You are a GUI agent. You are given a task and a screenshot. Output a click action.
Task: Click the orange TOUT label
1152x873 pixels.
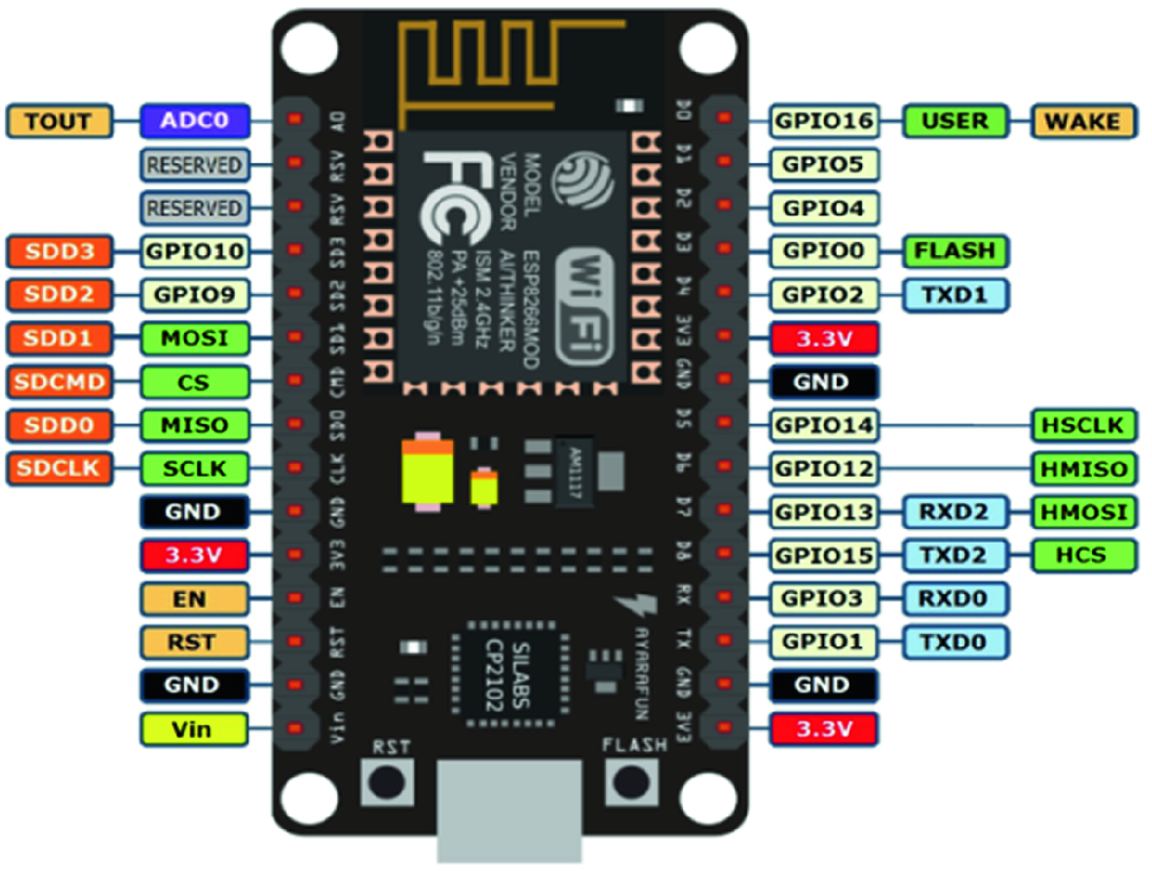click(59, 122)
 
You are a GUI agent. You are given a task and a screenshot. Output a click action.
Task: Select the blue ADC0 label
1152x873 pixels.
click(195, 121)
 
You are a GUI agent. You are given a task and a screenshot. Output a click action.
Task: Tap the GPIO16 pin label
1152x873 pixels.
click(824, 121)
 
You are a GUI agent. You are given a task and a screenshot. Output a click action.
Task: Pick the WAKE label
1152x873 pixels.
click(1083, 122)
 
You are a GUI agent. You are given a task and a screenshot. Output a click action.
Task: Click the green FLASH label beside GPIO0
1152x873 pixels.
click(955, 251)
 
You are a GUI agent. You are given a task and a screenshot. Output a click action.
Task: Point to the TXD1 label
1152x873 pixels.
click(955, 295)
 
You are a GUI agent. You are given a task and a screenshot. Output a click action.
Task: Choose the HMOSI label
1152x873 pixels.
click(1084, 512)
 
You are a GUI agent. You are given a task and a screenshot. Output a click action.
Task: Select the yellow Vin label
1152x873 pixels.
click(194, 729)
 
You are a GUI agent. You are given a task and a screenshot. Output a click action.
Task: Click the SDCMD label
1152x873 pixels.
click(59, 382)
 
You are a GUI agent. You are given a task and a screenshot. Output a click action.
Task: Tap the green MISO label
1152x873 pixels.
click(195, 425)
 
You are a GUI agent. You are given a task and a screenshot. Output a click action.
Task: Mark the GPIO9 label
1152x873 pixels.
click(195, 295)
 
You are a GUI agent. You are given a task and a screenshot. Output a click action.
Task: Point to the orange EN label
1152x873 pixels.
click(194, 599)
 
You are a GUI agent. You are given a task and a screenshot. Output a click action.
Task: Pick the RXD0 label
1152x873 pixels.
click(955, 598)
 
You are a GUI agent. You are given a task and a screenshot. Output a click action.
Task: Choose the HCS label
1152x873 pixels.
click(1083, 555)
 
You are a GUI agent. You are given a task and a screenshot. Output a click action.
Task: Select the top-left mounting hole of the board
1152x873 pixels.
click(309, 48)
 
